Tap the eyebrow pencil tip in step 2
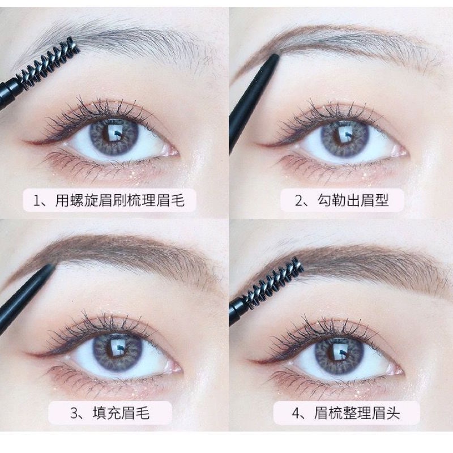(x=276, y=56)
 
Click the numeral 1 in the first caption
(x=37, y=200)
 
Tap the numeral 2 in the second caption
(x=298, y=200)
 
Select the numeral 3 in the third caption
(x=74, y=413)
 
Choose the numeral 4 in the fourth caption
(x=296, y=414)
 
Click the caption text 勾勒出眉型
(x=353, y=200)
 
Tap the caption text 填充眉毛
(x=121, y=413)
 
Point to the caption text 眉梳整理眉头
(x=357, y=413)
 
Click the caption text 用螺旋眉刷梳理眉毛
(x=120, y=200)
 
